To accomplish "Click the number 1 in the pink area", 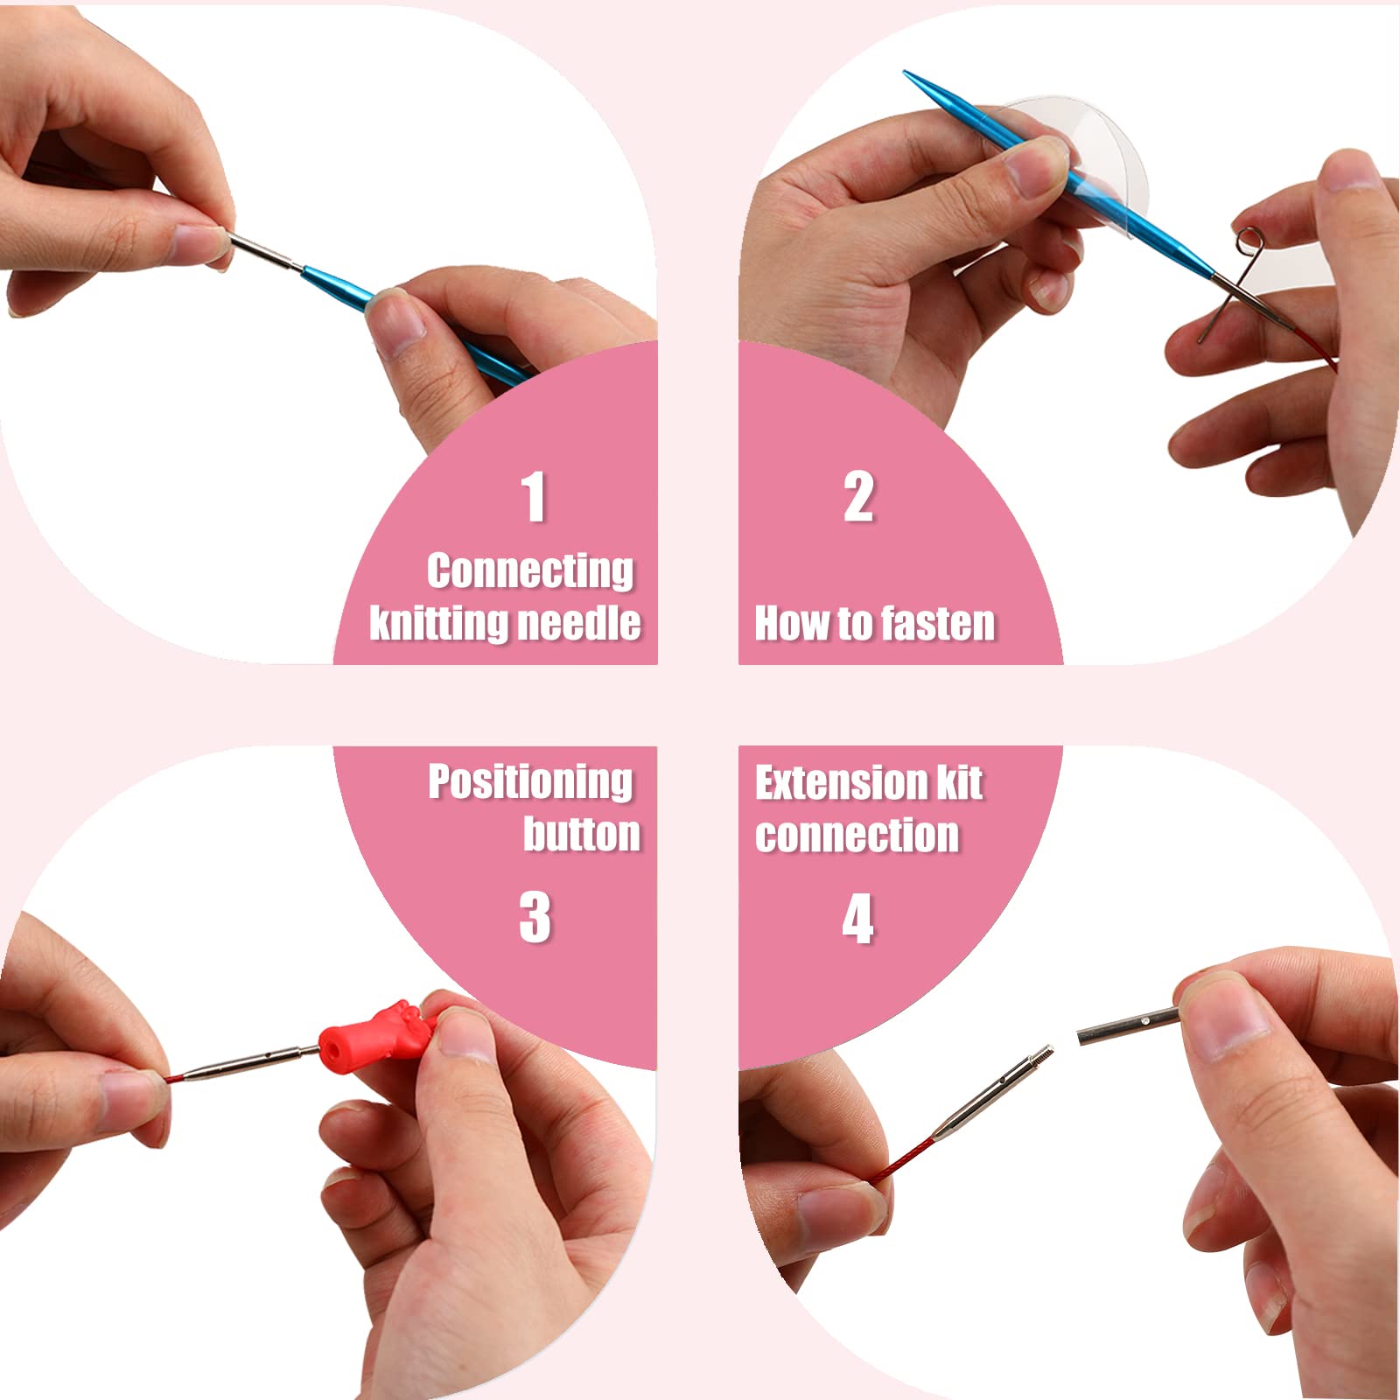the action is tap(534, 497).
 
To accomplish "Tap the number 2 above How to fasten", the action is tap(858, 497).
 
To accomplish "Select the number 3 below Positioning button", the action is tap(535, 918).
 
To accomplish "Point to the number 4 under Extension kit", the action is tap(857, 919).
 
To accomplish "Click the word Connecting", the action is tap(530, 572).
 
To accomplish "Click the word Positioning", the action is tap(530, 782).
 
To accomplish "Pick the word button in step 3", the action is tap(582, 834).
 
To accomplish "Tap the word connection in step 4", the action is tap(857, 835).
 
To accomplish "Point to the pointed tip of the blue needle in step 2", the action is tap(905, 73).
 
